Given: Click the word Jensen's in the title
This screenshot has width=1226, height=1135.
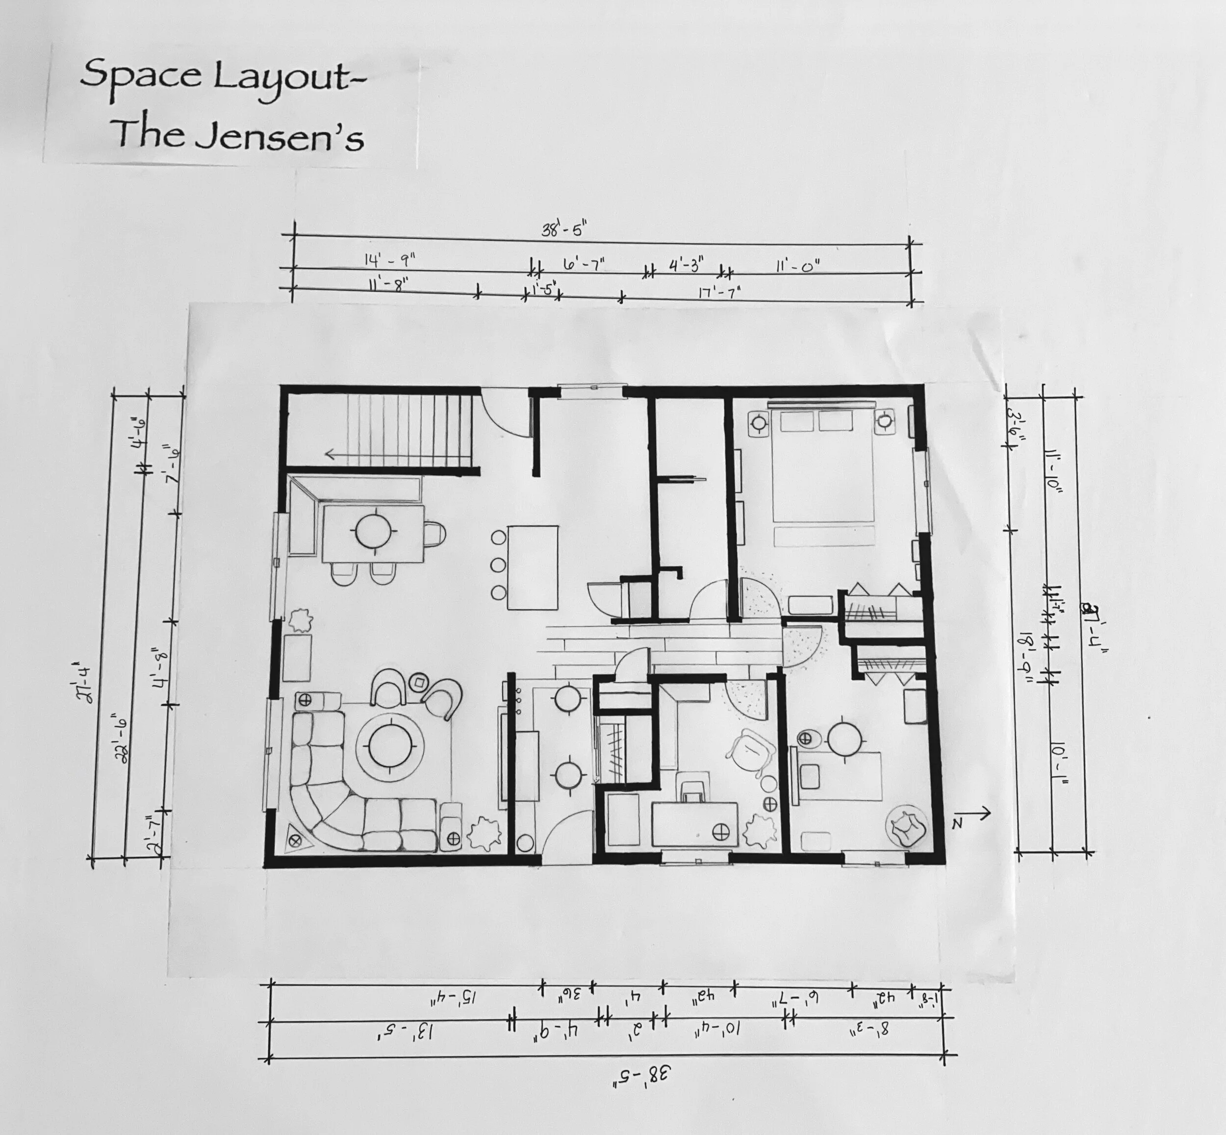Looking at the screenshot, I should click(279, 136).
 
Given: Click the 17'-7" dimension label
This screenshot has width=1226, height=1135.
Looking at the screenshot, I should click(719, 291).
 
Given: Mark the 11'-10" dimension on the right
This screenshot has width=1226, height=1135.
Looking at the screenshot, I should click(1056, 470).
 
